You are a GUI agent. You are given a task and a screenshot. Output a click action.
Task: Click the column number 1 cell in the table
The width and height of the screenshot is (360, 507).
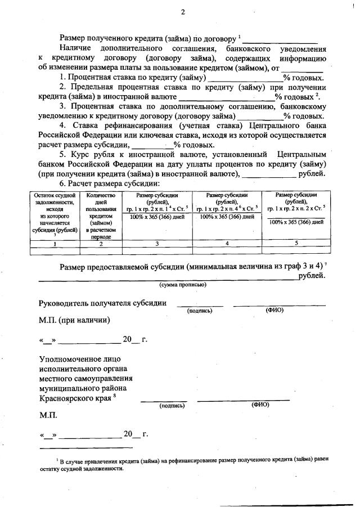point(55,244)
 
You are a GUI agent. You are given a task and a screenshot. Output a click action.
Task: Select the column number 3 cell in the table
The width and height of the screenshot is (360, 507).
point(157,244)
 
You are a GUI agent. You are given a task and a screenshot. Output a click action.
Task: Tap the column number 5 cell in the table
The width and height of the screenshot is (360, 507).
point(296,244)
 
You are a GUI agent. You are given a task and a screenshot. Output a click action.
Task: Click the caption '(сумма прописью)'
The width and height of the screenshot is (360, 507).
point(183,285)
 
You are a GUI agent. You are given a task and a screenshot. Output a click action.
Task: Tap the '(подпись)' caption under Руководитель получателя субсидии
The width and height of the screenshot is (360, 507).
point(200,310)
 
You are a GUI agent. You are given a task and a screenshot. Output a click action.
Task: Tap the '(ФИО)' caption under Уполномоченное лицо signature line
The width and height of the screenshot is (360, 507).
point(260,405)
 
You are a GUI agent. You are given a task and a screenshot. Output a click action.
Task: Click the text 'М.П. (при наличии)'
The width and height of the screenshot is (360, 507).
point(74,320)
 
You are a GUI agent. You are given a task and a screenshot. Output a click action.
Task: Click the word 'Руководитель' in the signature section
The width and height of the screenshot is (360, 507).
point(64,303)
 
